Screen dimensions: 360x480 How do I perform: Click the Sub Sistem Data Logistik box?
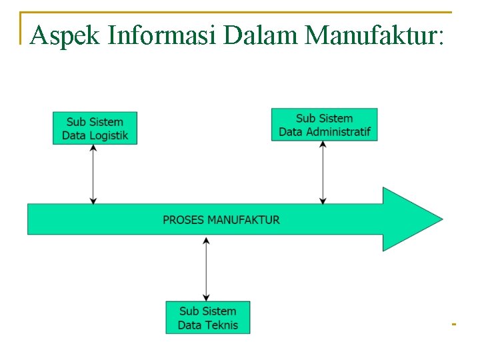[x=95, y=128]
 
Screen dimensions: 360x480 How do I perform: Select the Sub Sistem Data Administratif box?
[x=324, y=125]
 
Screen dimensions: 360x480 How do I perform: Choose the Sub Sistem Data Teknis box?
[x=207, y=318]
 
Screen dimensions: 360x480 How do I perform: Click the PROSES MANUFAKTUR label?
[x=221, y=219]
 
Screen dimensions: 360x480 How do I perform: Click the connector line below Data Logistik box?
[x=93, y=173]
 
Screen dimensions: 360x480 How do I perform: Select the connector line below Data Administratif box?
[x=323, y=171]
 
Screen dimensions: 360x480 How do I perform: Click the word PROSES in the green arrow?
[x=183, y=219]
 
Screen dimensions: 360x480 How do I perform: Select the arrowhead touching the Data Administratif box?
[x=323, y=145]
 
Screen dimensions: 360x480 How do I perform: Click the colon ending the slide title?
[x=437, y=37]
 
